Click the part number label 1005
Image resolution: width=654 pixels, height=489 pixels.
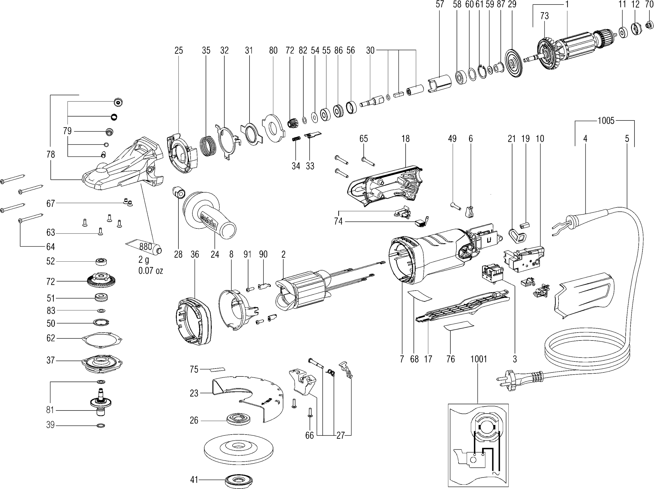click(x=606, y=121)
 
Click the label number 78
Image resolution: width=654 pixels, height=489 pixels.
click(x=50, y=154)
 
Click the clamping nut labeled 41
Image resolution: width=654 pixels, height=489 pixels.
click(x=238, y=480)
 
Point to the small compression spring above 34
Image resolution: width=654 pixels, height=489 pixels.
click(x=296, y=138)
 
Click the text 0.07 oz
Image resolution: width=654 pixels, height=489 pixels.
click(x=150, y=270)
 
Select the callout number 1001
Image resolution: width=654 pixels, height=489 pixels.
click(x=478, y=359)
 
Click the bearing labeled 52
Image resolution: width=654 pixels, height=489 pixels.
click(x=101, y=262)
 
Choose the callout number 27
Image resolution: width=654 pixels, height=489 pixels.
click(x=341, y=435)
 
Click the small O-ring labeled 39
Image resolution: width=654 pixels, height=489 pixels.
click(x=101, y=426)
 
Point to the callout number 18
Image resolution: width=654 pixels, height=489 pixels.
click(x=405, y=139)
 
